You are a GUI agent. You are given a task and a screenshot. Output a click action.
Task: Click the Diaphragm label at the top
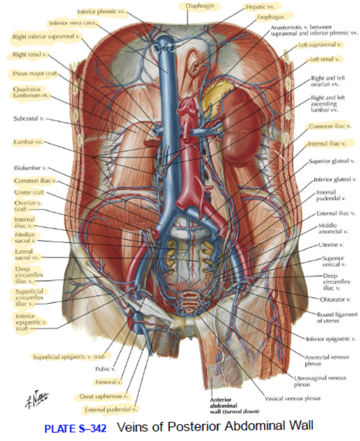pyautogui.click(x=199, y=6)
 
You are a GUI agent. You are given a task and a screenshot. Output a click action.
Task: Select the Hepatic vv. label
pyautogui.click(x=260, y=7)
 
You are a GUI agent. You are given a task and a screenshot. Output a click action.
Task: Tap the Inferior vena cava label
pyautogui.click(x=72, y=23)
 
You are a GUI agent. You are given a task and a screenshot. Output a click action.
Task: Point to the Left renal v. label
pyautogui.click(x=325, y=59)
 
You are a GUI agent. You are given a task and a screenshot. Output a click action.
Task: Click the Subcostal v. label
pyautogui.click(x=28, y=118)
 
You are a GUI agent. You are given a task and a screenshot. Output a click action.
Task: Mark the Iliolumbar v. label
pyautogui.click(x=30, y=168)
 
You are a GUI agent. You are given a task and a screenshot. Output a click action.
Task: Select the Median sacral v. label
pyautogui.click(x=25, y=237)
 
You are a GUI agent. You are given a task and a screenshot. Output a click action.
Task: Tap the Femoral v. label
pyautogui.click(x=108, y=382)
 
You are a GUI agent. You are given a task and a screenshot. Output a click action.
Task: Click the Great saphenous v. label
pyautogui.click(x=104, y=396)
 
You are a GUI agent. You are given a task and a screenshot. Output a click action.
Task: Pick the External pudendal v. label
pyautogui.click(x=111, y=409)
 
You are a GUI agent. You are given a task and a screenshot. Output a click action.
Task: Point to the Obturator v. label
pyautogui.click(x=336, y=299)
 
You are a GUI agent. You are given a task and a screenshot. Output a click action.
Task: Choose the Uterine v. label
pyautogui.click(x=331, y=245)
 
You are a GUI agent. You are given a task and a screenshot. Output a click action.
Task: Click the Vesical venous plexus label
pyautogui.click(x=293, y=398)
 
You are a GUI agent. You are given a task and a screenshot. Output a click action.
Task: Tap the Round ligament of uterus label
pyautogui.click(x=337, y=317)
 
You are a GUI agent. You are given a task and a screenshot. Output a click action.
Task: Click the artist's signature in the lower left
pyautogui.click(x=36, y=399)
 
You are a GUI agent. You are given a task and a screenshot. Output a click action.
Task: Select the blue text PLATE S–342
pyautogui.click(x=75, y=429)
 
